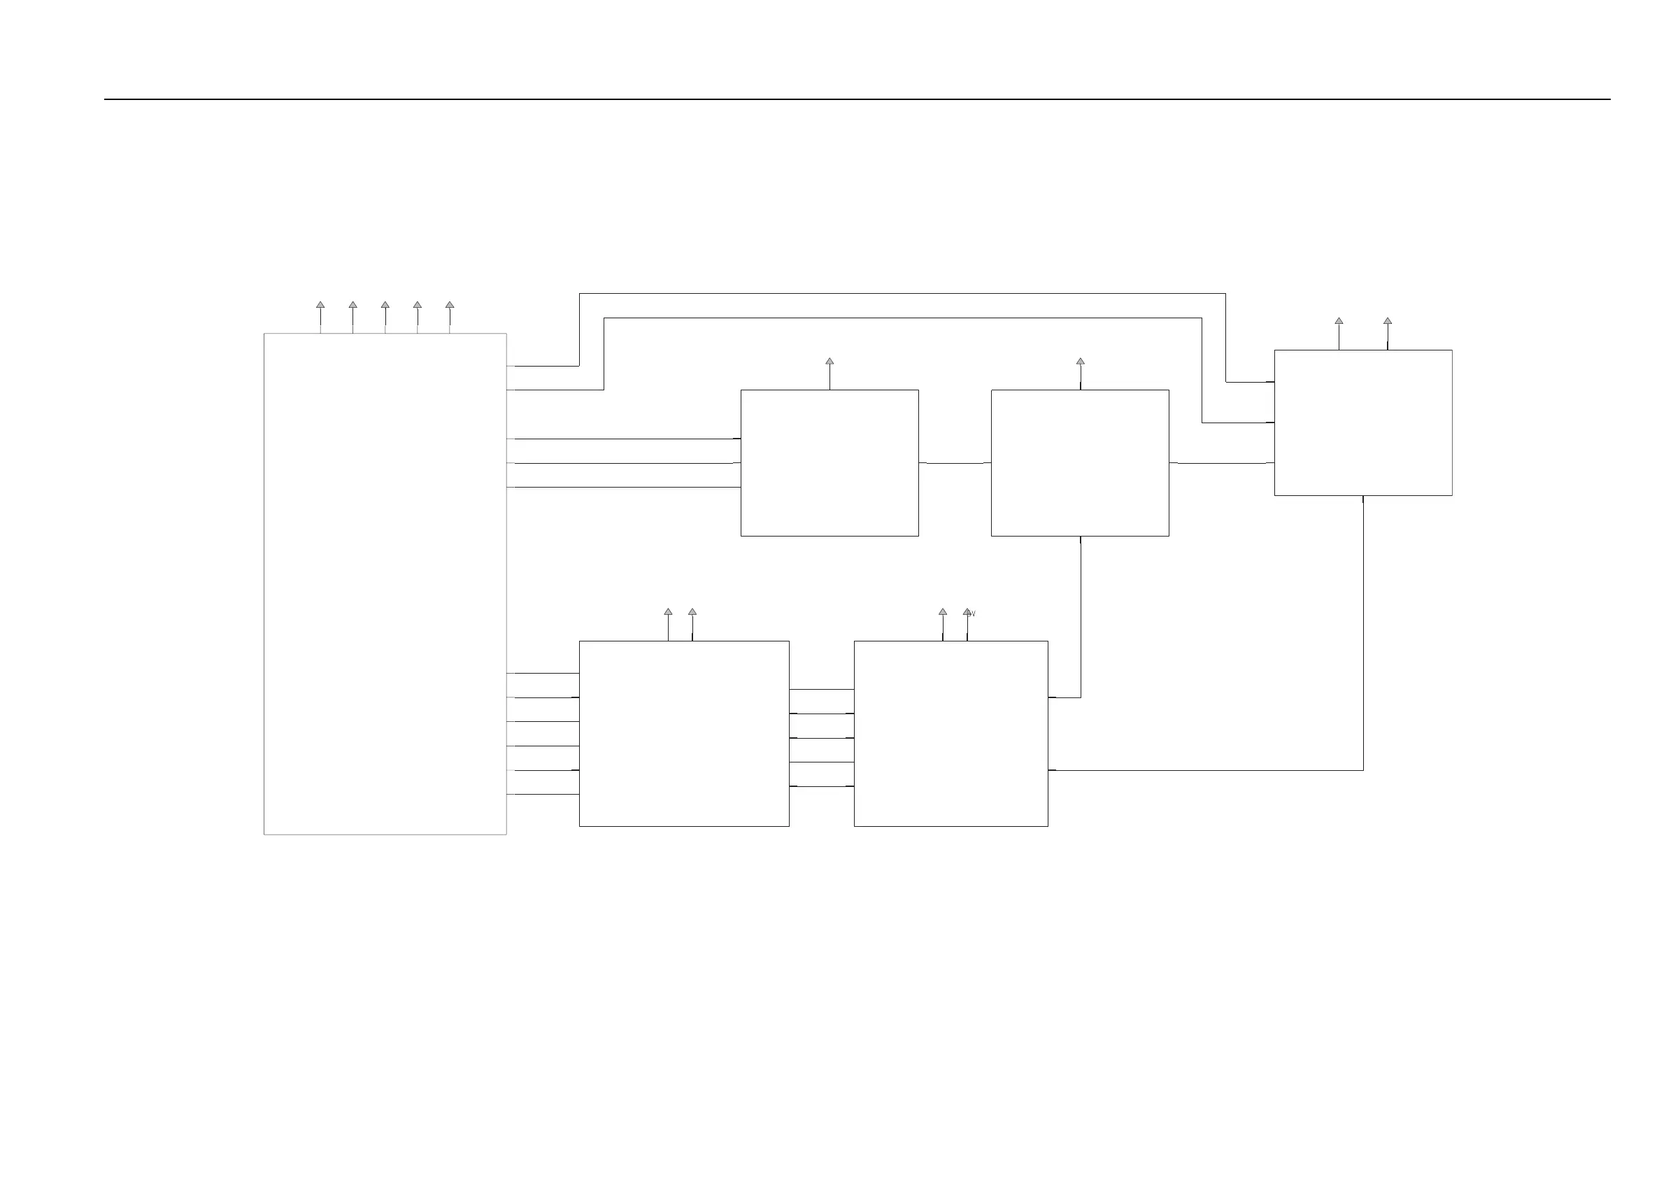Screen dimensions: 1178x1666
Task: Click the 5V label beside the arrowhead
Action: (x=972, y=614)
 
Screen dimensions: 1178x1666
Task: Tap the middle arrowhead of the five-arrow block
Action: (x=385, y=305)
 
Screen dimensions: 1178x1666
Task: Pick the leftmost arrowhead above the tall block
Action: (x=320, y=305)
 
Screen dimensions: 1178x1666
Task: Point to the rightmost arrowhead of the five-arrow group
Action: (x=450, y=305)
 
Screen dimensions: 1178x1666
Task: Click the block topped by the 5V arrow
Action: (x=951, y=733)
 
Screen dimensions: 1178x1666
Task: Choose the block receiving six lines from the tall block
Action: (x=683, y=733)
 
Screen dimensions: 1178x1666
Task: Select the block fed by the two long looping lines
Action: (x=1362, y=423)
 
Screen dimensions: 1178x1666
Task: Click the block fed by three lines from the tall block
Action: (x=830, y=463)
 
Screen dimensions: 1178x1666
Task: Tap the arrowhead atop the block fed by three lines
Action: (x=830, y=361)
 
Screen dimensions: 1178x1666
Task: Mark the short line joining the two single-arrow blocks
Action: (x=955, y=463)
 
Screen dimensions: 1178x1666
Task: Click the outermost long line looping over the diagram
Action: (x=899, y=294)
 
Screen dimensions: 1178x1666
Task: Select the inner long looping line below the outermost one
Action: (x=899, y=318)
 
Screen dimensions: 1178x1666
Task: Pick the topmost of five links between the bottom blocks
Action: (x=821, y=690)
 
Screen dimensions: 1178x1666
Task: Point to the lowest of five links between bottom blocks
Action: (x=821, y=786)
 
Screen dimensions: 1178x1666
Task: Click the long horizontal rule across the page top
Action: (x=856, y=99)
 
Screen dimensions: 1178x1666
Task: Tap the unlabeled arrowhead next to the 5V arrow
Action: (x=943, y=612)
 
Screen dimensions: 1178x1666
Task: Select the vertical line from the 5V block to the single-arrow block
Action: (x=1081, y=617)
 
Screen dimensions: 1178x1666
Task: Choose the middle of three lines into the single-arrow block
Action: (x=624, y=463)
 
